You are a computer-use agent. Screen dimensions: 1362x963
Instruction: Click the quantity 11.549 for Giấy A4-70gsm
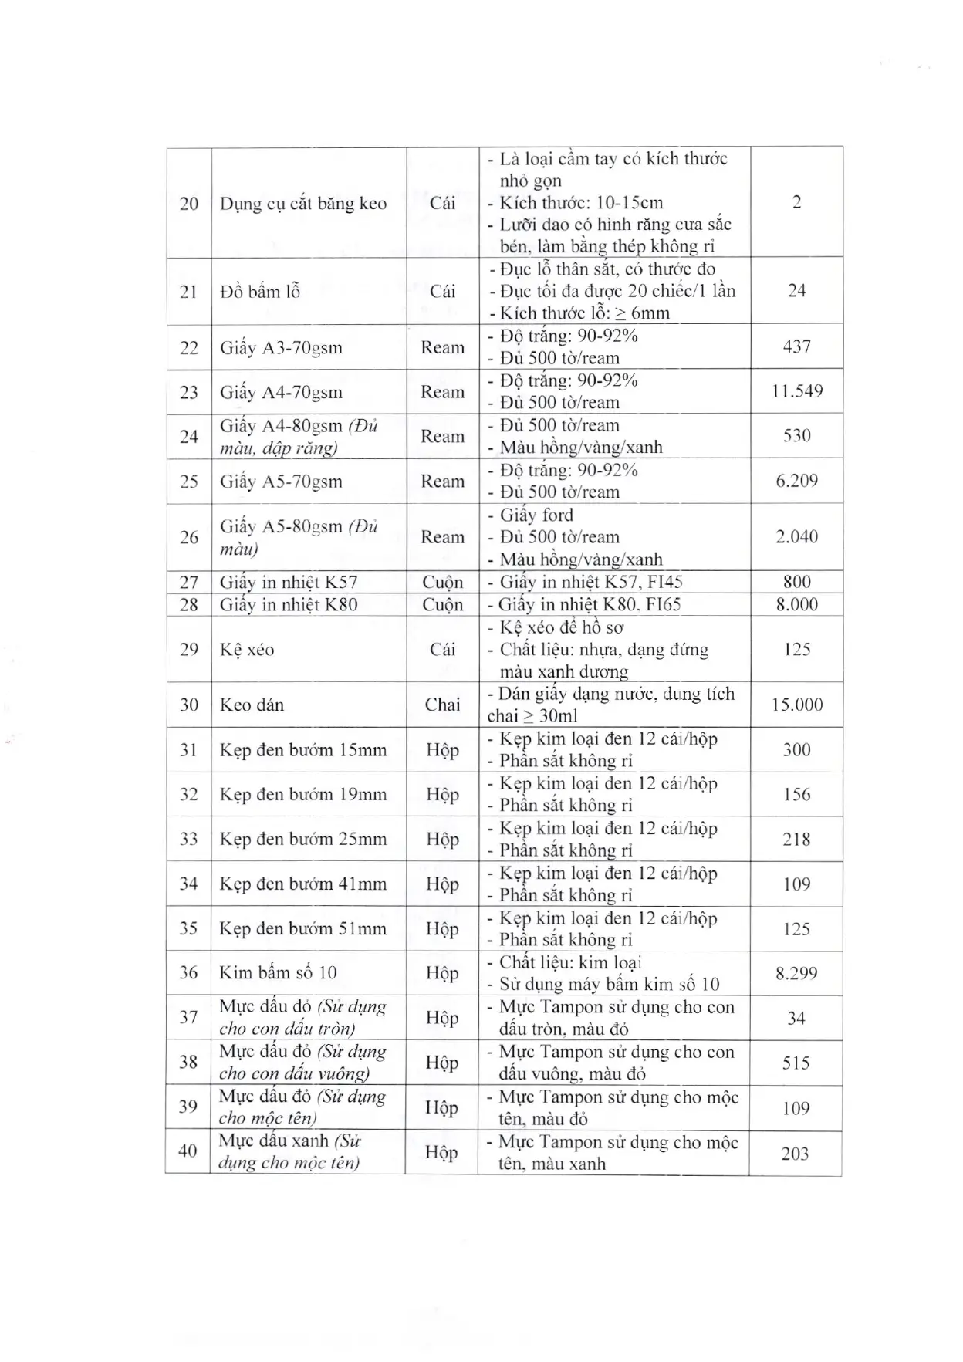pyautogui.click(x=796, y=391)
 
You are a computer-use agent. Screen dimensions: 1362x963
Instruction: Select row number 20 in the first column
pyautogui.click(x=189, y=204)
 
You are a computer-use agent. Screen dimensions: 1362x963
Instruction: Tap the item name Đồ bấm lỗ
pyautogui.click(x=259, y=292)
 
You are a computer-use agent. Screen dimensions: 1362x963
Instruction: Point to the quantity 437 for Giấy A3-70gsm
pyautogui.click(x=796, y=346)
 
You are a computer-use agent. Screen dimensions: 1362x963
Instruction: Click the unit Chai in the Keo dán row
pyautogui.click(x=442, y=705)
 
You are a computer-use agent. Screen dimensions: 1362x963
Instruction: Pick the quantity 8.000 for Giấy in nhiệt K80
pyautogui.click(x=796, y=604)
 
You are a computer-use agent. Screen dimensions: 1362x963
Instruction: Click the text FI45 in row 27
pyautogui.click(x=665, y=583)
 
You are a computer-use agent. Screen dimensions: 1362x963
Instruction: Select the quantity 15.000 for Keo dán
pyautogui.click(x=796, y=705)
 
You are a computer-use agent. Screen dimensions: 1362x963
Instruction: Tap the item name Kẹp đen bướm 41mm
pyautogui.click(x=302, y=884)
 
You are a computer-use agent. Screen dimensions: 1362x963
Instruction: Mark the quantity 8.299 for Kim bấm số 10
pyautogui.click(x=796, y=973)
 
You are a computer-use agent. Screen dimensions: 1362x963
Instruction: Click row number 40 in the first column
pyautogui.click(x=188, y=1151)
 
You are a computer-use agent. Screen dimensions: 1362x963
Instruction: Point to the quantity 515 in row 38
pyautogui.click(x=796, y=1063)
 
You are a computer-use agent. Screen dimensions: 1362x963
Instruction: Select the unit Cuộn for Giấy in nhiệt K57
pyautogui.click(x=442, y=583)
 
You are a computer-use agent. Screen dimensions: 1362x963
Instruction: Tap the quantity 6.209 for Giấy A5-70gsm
pyautogui.click(x=796, y=481)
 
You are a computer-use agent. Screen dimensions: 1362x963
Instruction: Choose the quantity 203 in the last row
pyautogui.click(x=795, y=1154)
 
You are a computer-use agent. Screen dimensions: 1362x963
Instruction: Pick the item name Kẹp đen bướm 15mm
pyautogui.click(x=302, y=750)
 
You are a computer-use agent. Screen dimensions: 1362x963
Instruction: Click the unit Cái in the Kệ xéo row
pyautogui.click(x=442, y=649)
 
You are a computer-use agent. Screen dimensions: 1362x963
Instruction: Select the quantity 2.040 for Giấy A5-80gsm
pyautogui.click(x=796, y=537)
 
